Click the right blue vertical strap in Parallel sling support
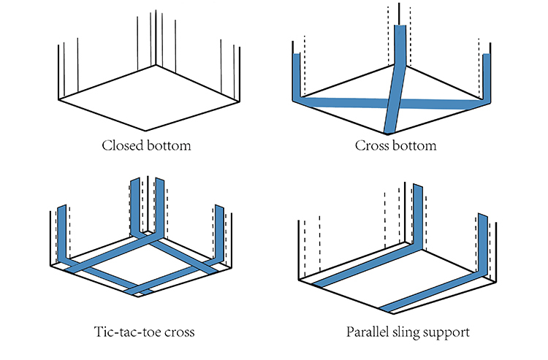point(482,241)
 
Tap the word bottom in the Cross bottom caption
point(415,145)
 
